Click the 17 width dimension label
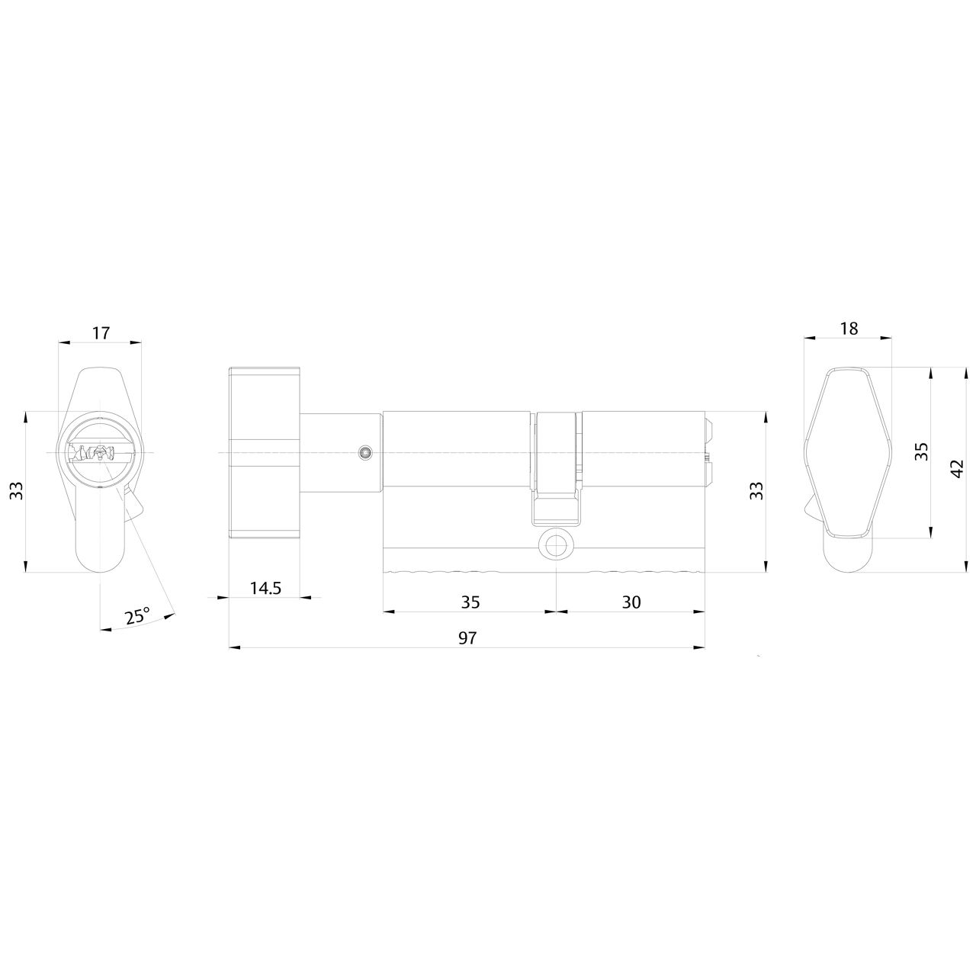[x=101, y=332]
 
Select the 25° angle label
[x=137, y=616]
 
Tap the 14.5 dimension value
[x=265, y=588]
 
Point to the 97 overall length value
[x=467, y=638]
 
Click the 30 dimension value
[x=631, y=602]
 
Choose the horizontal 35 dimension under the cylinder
[x=470, y=602]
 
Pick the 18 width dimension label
[x=849, y=328]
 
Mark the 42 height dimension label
[x=958, y=468]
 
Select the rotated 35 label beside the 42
[x=921, y=452]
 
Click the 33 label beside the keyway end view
[x=16, y=491]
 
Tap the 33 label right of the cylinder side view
[x=756, y=491]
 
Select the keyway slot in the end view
[x=99, y=454]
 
